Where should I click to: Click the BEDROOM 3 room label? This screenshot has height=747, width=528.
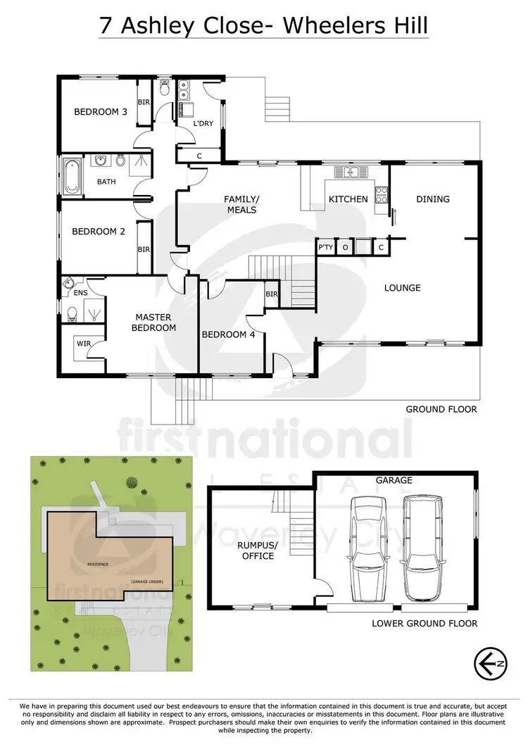point(101,111)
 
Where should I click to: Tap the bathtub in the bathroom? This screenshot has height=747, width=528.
point(71,176)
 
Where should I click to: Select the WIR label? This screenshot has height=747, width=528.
point(82,344)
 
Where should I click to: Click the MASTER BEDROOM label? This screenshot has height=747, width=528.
point(155,322)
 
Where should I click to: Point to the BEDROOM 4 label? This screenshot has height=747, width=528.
point(228,334)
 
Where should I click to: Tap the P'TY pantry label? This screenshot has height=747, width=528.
point(325,248)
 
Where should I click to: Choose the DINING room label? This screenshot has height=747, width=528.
point(433,199)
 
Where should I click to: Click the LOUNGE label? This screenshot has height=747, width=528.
point(403,287)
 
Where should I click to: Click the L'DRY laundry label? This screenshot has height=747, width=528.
point(203,124)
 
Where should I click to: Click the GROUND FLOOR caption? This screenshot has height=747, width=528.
point(441,409)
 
